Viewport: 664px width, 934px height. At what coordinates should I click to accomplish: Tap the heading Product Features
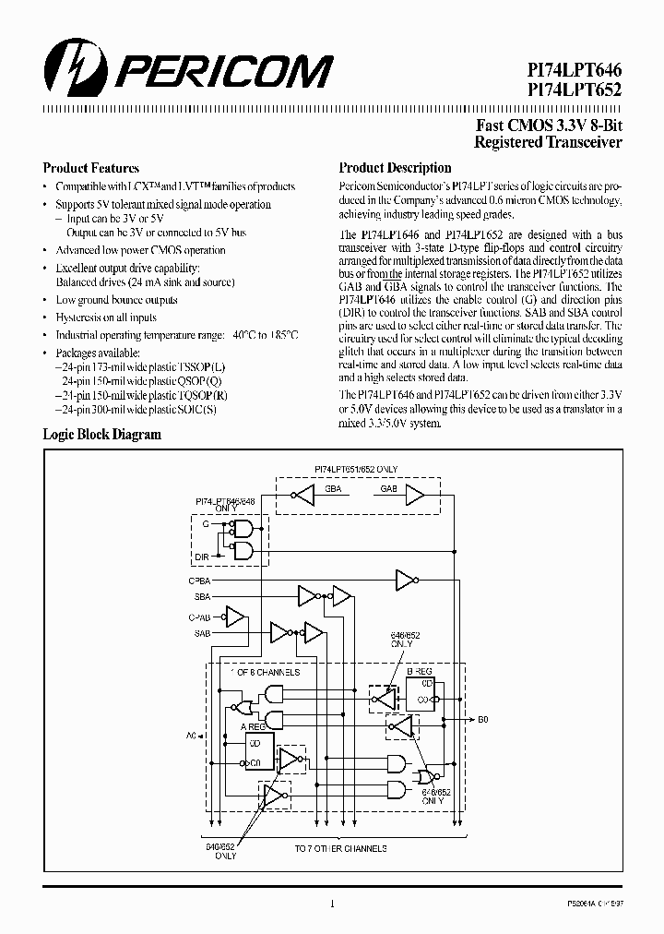tap(91, 169)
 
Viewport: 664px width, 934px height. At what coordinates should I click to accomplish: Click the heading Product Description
tap(395, 169)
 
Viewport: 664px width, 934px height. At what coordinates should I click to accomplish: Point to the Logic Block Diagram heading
tap(102, 434)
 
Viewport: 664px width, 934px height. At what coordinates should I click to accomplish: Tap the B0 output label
tap(483, 717)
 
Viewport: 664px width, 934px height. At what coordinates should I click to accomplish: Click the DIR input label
tap(202, 557)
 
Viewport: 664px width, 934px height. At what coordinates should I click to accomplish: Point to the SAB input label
tap(202, 633)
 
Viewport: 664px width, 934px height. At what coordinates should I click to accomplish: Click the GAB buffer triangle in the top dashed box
tap(414, 496)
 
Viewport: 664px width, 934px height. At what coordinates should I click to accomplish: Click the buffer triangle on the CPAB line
tap(236, 616)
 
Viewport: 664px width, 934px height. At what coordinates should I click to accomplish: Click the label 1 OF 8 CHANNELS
tap(269, 672)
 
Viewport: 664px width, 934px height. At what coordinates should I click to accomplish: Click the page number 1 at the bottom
tap(331, 904)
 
